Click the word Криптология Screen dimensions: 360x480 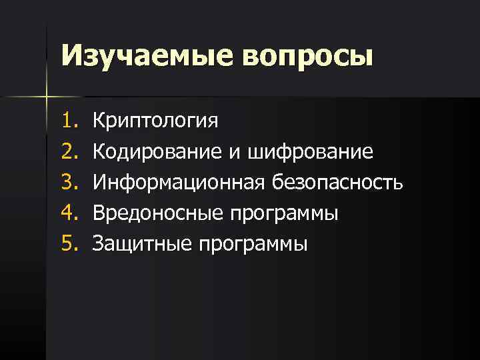click(x=155, y=123)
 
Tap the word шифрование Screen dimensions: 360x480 click(x=310, y=153)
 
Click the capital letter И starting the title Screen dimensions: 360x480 click(x=71, y=55)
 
